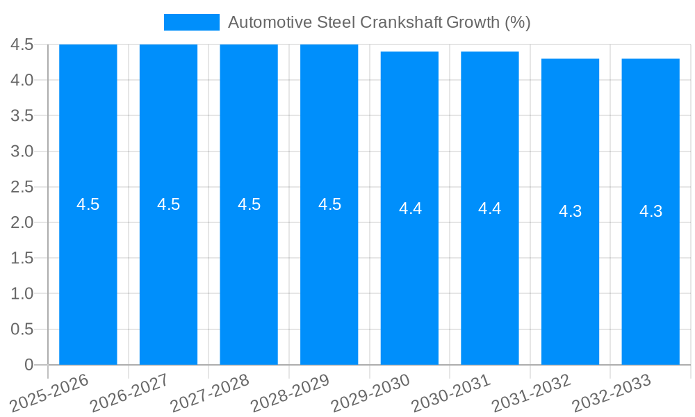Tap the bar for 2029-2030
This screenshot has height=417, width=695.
409,278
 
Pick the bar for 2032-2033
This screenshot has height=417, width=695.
651,278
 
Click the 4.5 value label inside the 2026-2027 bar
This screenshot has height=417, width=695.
168,204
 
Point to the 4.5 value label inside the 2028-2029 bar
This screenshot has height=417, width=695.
329,204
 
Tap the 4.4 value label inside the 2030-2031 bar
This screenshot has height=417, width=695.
490,208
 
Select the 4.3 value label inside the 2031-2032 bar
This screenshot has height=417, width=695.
570,211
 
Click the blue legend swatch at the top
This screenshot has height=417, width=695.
191,22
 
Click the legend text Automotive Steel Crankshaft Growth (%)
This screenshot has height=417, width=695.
379,22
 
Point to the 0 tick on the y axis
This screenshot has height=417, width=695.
28,364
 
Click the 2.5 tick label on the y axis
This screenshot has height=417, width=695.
22,187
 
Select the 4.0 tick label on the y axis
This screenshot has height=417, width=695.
22,80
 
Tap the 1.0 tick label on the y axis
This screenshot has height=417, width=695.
22,293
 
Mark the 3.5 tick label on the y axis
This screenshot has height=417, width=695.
22,115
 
